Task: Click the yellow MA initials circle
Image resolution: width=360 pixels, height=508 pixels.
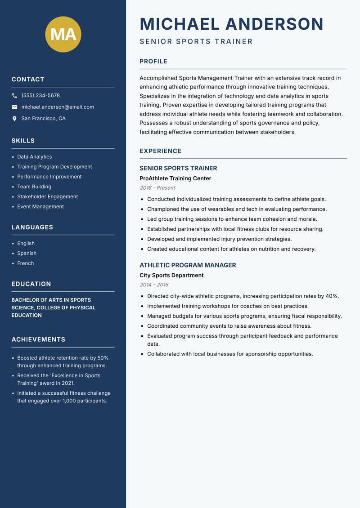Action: (63, 34)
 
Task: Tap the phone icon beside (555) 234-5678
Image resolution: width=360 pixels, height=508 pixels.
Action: (14, 96)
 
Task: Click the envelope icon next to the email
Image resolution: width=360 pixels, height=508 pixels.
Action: (14, 107)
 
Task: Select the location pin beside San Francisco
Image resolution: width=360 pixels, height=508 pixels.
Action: (14, 119)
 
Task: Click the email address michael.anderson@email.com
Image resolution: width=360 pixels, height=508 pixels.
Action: (58, 107)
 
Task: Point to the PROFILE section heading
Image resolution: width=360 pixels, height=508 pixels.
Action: (153, 62)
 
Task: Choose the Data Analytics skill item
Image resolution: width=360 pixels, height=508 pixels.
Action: (35, 157)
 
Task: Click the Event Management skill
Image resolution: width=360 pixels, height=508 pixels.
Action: (40, 207)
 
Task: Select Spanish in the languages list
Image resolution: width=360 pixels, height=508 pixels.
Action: (27, 254)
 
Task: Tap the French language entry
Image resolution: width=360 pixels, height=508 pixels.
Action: (26, 263)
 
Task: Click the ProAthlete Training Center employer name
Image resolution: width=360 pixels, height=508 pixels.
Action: (175, 178)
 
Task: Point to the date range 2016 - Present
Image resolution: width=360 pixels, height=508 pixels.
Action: (157, 188)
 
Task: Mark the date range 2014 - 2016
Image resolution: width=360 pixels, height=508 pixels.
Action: (154, 285)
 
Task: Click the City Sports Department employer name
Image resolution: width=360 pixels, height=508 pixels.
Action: (171, 276)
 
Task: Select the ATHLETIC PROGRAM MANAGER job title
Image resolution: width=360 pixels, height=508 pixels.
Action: (188, 265)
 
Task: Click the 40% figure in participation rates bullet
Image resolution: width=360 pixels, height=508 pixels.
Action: (332, 296)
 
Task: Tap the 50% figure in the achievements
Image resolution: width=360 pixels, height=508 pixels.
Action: (103, 358)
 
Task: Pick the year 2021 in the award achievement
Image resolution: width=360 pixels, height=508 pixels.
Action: (67, 383)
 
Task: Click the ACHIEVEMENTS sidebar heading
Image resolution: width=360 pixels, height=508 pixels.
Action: (38, 339)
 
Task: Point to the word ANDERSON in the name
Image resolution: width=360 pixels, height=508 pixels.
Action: (274, 24)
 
